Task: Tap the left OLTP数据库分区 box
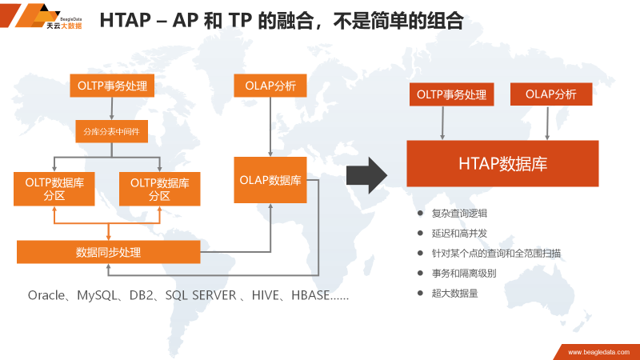pos(54,189)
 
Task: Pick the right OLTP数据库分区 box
pos(159,189)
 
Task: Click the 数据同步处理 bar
pos(108,252)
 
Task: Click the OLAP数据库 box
pos(270,179)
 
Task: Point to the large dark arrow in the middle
pos(366,174)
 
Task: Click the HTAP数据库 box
pos(502,164)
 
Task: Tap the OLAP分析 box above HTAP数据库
pos(550,94)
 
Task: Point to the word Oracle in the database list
pos(46,295)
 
